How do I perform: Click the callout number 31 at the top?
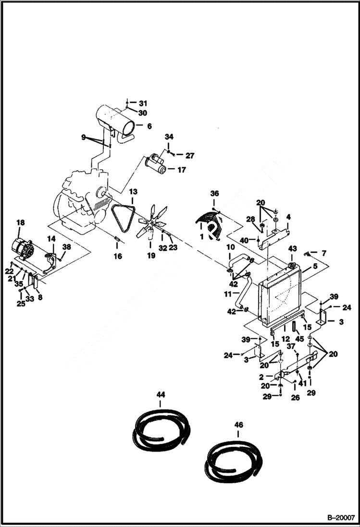(143, 103)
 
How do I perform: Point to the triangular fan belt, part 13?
(123, 217)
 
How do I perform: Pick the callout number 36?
(214, 193)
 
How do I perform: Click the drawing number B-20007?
(341, 517)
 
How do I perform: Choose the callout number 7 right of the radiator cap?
(323, 253)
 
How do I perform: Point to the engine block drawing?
(82, 199)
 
